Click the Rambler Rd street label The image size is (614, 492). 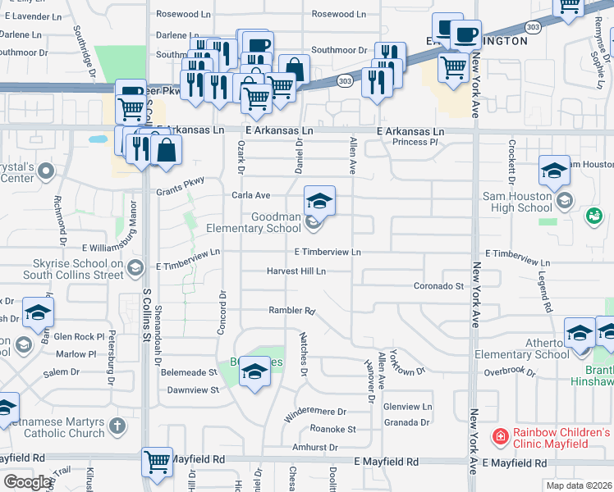pyautogui.click(x=291, y=311)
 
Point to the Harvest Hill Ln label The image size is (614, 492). pyautogui.click(x=296, y=271)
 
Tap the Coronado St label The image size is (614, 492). pyautogui.click(x=438, y=286)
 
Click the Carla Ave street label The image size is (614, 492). pyautogui.click(x=250, y=196)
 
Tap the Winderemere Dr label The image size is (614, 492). pyautogui.click(x=316, y=412)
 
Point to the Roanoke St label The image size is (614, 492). pyautogui.click(x=332, y=429)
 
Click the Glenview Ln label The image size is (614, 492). pyautogui.click(x=407, y=407)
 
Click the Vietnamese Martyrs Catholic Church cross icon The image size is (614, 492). pyautogui.click(x=117, y=426)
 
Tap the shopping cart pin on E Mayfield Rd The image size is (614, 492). pyautogui.click(x=156, y=461)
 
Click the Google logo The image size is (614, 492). pyautogui.click(x=27, y=482)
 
